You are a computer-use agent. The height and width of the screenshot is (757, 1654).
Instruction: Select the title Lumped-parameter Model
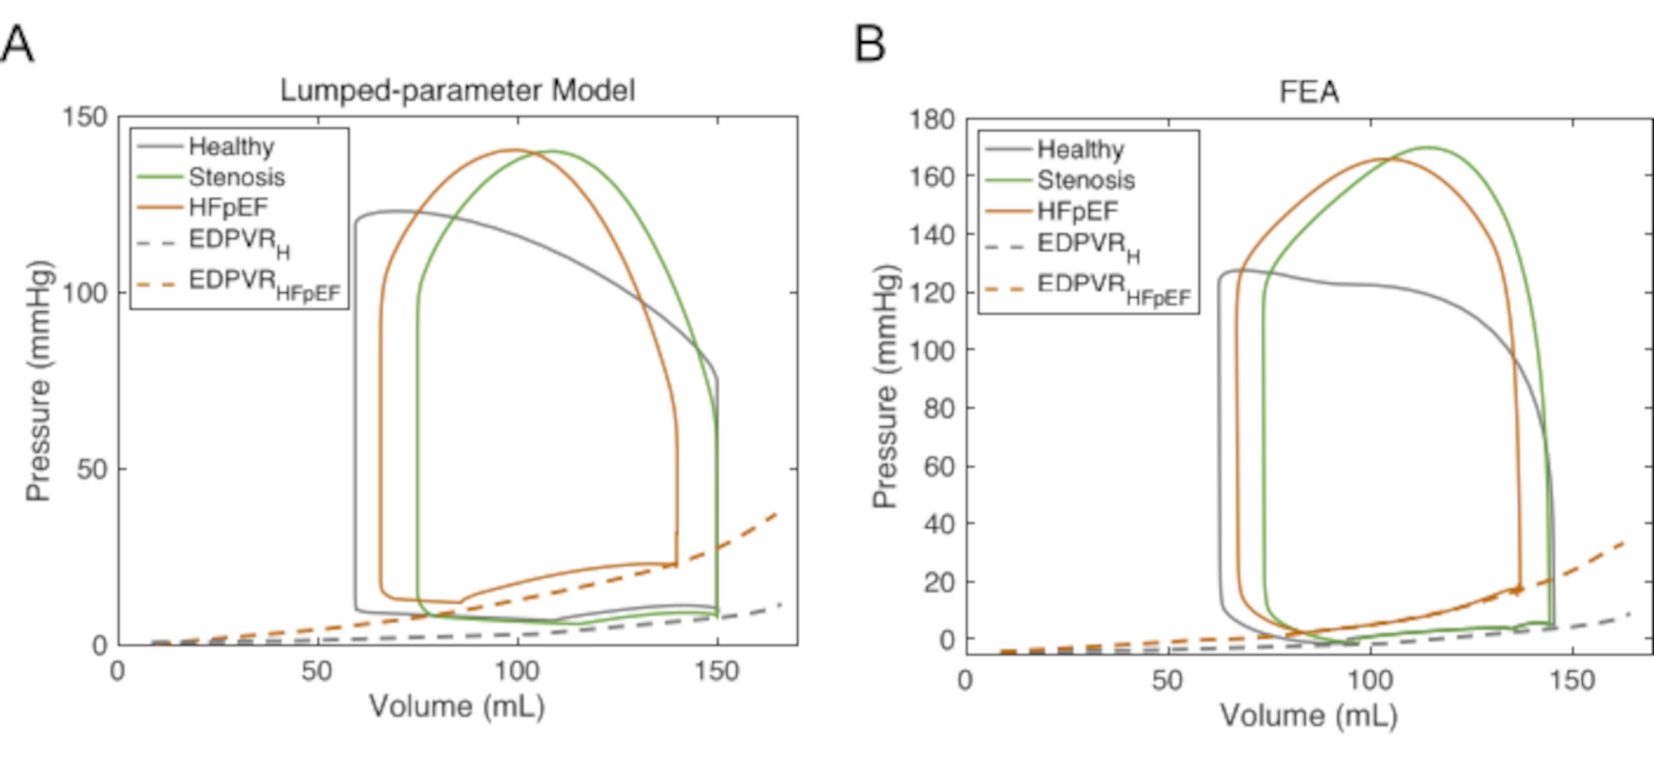pos(457,90)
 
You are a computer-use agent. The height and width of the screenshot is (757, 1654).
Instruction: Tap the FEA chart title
pos(1308,92)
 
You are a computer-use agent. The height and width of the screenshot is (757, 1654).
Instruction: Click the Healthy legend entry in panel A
pos(231,146)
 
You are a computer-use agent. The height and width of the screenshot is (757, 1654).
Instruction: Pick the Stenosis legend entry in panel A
pos(237,177)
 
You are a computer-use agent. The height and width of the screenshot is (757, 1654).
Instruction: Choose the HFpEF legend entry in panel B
pos(1077,211)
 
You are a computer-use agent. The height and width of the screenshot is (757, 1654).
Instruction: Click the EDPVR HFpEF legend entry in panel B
pos(1113,288)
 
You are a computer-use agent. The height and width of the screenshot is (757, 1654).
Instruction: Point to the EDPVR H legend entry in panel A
pos(239,242)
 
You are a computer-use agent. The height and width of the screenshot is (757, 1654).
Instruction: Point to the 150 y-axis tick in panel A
pos(85,117)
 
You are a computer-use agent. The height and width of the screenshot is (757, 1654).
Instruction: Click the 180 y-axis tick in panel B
pos(932,120)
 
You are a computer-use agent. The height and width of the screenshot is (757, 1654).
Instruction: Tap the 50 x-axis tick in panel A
pos(317,671)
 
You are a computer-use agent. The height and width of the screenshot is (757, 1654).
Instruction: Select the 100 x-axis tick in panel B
pos(1370,681)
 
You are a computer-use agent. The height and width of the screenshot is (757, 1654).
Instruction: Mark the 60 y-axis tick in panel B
pos(939,467)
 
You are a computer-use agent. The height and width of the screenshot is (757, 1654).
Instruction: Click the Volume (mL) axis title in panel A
pos(457,707)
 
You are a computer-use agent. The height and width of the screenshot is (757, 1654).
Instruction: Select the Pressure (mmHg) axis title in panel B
pos(885,386)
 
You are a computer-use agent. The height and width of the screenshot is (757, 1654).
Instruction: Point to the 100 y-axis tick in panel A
pos(85,293)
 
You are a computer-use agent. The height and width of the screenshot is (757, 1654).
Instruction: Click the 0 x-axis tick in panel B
pos(965,681)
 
